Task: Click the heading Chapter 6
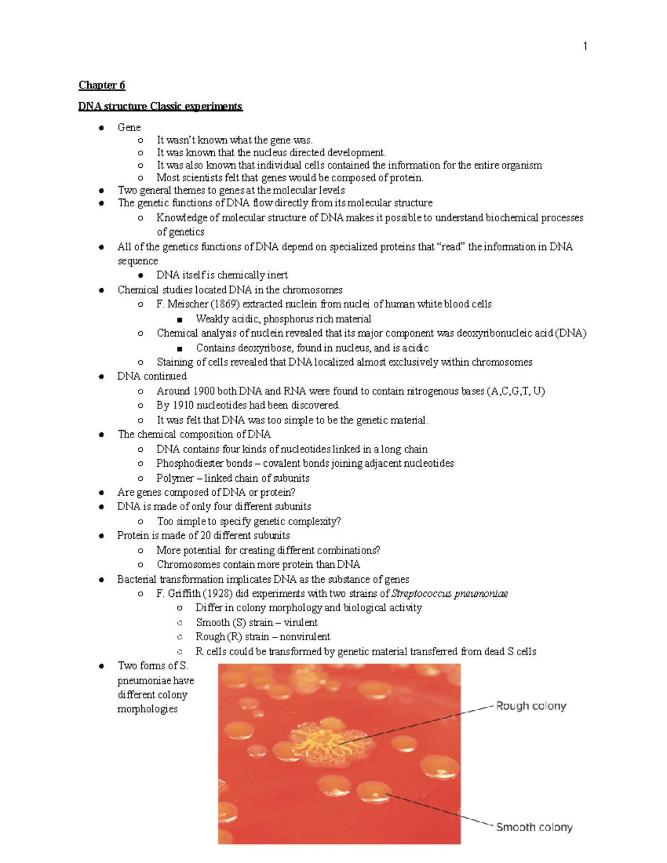point(102,85)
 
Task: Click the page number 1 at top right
point(585,46)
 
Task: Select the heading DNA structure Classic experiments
point(160,106)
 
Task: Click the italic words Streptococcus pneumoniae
point(450,593)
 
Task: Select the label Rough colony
point(530,706)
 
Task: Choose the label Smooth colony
point(534,827)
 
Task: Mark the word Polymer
point(175,478)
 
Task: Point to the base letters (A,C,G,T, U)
point(515,391)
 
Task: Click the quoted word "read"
point(452,247)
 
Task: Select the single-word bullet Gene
point(129,127)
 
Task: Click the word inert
point(277,275)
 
